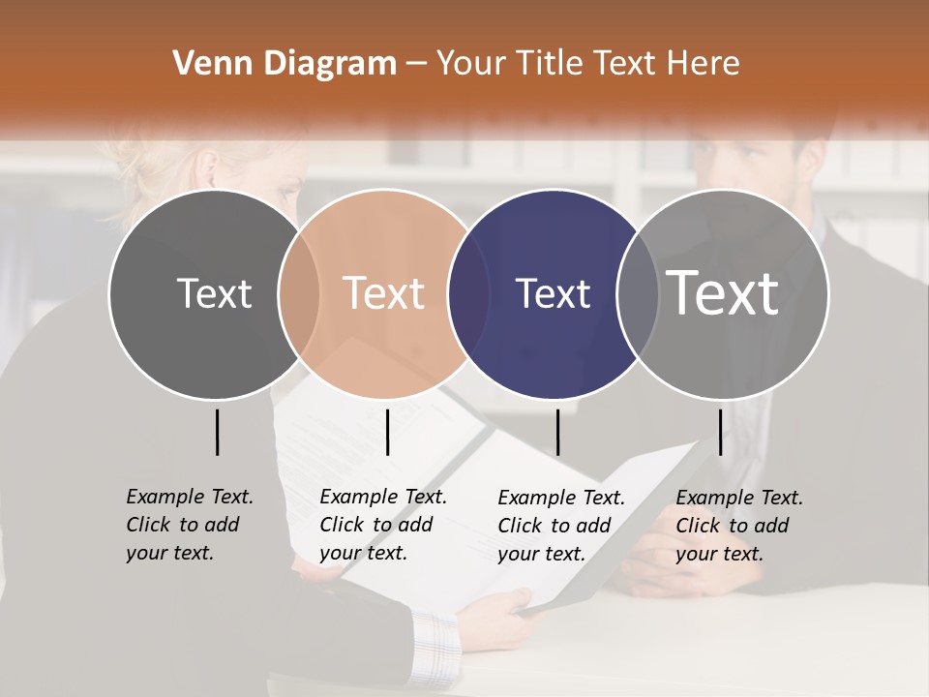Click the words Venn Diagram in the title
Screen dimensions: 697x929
click(285, 64)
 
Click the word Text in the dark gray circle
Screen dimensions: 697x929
click(214, 293)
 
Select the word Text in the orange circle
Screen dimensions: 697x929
click(384, 293)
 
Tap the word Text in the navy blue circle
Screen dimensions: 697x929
click(553, 293)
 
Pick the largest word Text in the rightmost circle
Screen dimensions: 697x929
click(723, 293)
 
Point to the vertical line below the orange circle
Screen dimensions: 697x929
click(387, 432)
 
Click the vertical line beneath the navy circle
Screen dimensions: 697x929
click(557, 432)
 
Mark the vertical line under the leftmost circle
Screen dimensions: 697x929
click(217, 432)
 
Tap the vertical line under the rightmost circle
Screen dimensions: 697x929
click(720, 432)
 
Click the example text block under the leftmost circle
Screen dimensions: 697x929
click(189, 525)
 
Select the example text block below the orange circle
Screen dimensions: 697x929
click(382, 525)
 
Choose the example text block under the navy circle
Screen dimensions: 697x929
click(560, 526)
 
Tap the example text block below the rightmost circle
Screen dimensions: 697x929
click(738, 526)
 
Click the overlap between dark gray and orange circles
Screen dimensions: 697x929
click(299, 293)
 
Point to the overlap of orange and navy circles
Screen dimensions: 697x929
click(469, 293)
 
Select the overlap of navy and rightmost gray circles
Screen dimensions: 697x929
click(639, 293)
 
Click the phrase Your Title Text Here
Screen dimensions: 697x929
click(587, 64)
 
